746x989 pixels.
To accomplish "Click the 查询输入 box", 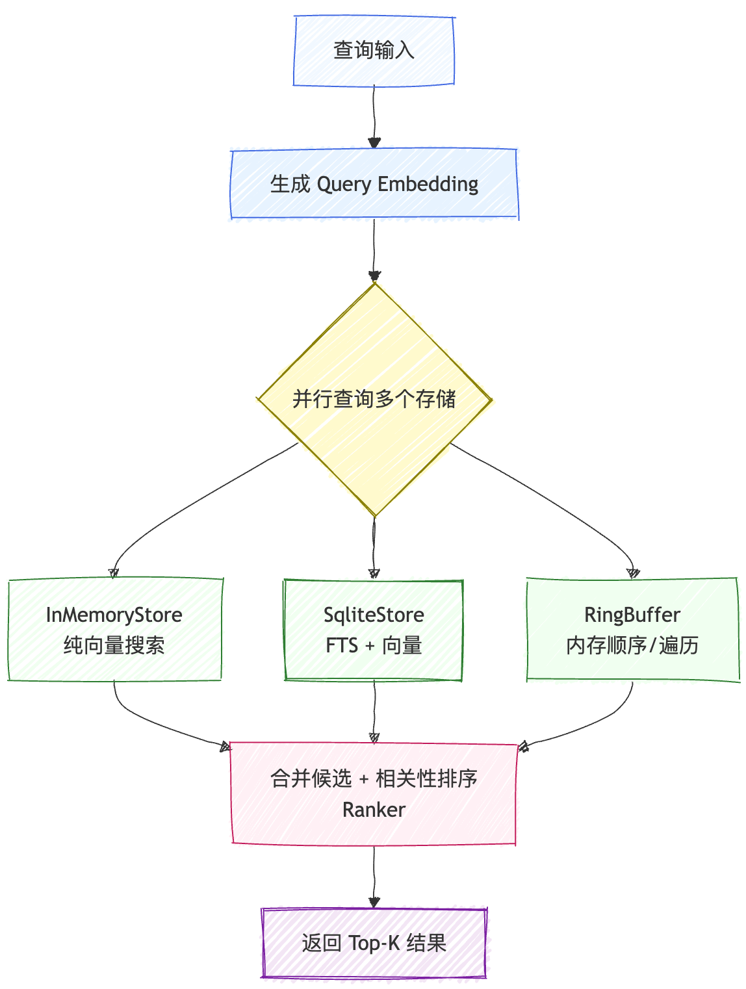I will [374, 51].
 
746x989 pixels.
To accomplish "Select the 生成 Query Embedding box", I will [374, 184].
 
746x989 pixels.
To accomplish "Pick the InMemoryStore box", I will [114, 629].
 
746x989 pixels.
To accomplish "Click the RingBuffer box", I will [632, 629].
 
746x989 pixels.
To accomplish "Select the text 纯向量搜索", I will [114, 646].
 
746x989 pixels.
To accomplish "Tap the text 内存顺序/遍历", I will [632, 646].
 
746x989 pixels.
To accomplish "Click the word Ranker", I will [374, 810].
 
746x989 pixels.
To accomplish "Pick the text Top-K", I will [374, 943].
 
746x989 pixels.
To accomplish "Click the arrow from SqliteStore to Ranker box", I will [374, 712].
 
